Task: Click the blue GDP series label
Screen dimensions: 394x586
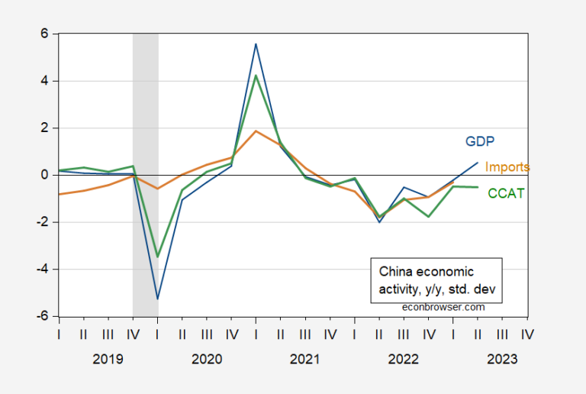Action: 479,141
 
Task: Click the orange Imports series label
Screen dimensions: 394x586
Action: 507,166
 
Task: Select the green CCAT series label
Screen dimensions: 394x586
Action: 506,193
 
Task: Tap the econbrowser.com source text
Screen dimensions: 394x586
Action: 443,306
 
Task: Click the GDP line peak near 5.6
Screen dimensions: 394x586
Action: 256,44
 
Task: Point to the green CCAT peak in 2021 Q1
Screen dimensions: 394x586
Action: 256,75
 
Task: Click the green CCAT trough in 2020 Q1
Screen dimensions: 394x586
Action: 157,257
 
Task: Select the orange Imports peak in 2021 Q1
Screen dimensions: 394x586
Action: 256,131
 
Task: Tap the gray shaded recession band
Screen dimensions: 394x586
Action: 145,115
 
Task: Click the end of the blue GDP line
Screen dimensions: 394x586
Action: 478,162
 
